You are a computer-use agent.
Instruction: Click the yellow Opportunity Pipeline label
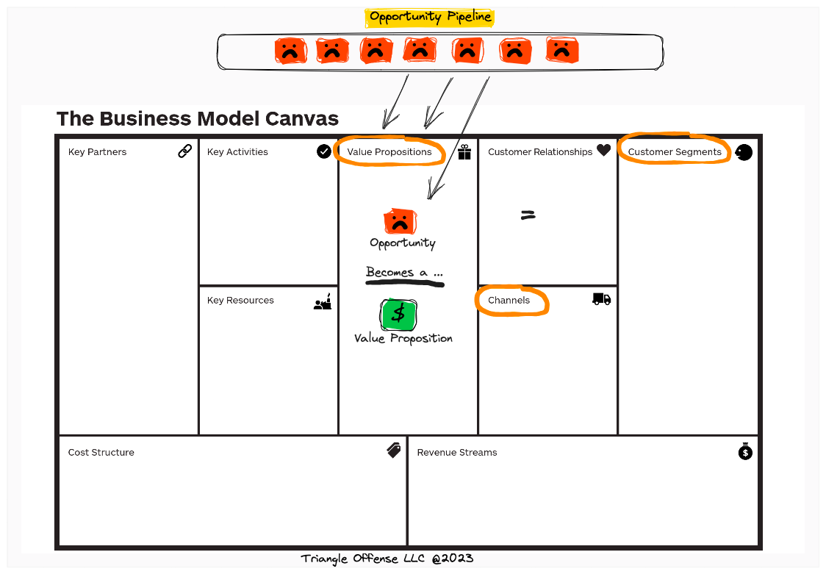pos(430,17)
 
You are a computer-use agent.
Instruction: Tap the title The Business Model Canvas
pos(198,118)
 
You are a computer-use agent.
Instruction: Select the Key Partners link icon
pos(185,151)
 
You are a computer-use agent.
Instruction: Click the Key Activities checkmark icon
pos(323,151)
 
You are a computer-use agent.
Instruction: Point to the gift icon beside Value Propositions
pos(464,152)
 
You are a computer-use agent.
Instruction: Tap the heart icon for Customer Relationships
pos(603,151)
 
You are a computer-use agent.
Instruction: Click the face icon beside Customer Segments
pos(744,152)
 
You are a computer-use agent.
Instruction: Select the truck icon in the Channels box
pos(601,299)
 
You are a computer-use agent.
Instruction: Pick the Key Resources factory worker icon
pos(323,301)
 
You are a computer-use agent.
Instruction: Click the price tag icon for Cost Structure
pos(394,451)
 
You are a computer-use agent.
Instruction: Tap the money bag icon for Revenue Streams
pos(745,451)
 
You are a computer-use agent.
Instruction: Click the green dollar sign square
pos(398,315)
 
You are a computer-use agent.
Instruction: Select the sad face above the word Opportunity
pos(400,221)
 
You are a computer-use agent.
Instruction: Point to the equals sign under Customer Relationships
pos(528,215)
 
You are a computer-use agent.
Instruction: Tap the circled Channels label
pos(509,301)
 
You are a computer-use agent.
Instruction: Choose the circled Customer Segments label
pos(675,152)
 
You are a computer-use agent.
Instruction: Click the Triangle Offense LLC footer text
pos(387,559)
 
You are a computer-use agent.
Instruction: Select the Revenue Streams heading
pos(457,453)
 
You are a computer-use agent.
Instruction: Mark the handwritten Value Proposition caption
pos(403,339)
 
